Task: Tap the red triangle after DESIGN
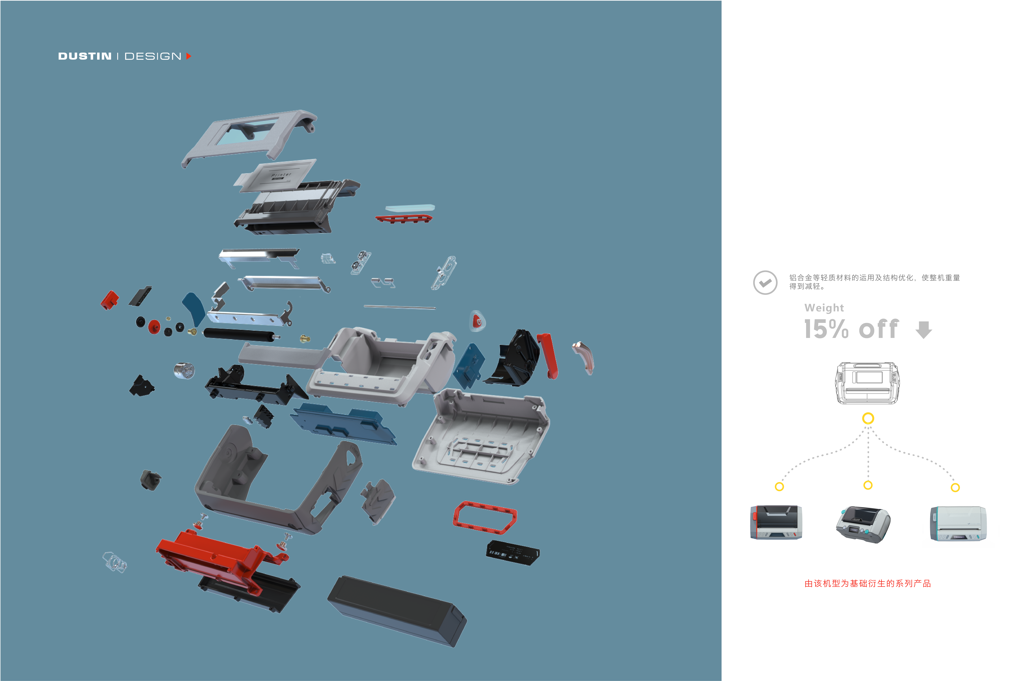coord(189,56)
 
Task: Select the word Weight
coord(824,308)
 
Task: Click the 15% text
coord(826,329)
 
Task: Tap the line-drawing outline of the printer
coord(867,383)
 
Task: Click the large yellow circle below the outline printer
coord(868,418)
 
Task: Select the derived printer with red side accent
coord(776,522)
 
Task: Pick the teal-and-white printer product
coord(958,524)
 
